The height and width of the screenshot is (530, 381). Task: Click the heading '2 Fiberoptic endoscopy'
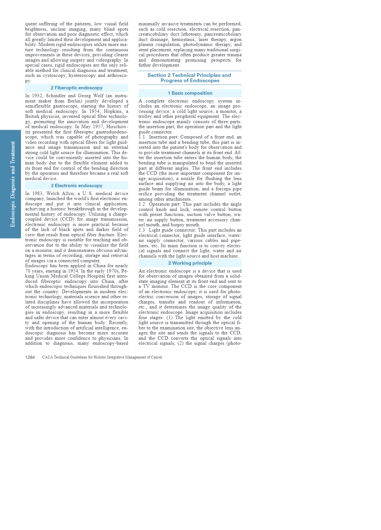[77, 88]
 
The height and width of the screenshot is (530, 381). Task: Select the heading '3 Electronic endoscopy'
[77, 186]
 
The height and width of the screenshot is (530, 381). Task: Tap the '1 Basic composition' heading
[190, 93]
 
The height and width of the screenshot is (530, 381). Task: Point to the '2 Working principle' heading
[190, 263]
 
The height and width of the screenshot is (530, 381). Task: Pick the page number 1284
[30, 357]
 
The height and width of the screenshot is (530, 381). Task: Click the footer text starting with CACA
[102, 357]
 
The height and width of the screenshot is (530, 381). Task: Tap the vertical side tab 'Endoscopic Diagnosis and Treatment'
[13, 184]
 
